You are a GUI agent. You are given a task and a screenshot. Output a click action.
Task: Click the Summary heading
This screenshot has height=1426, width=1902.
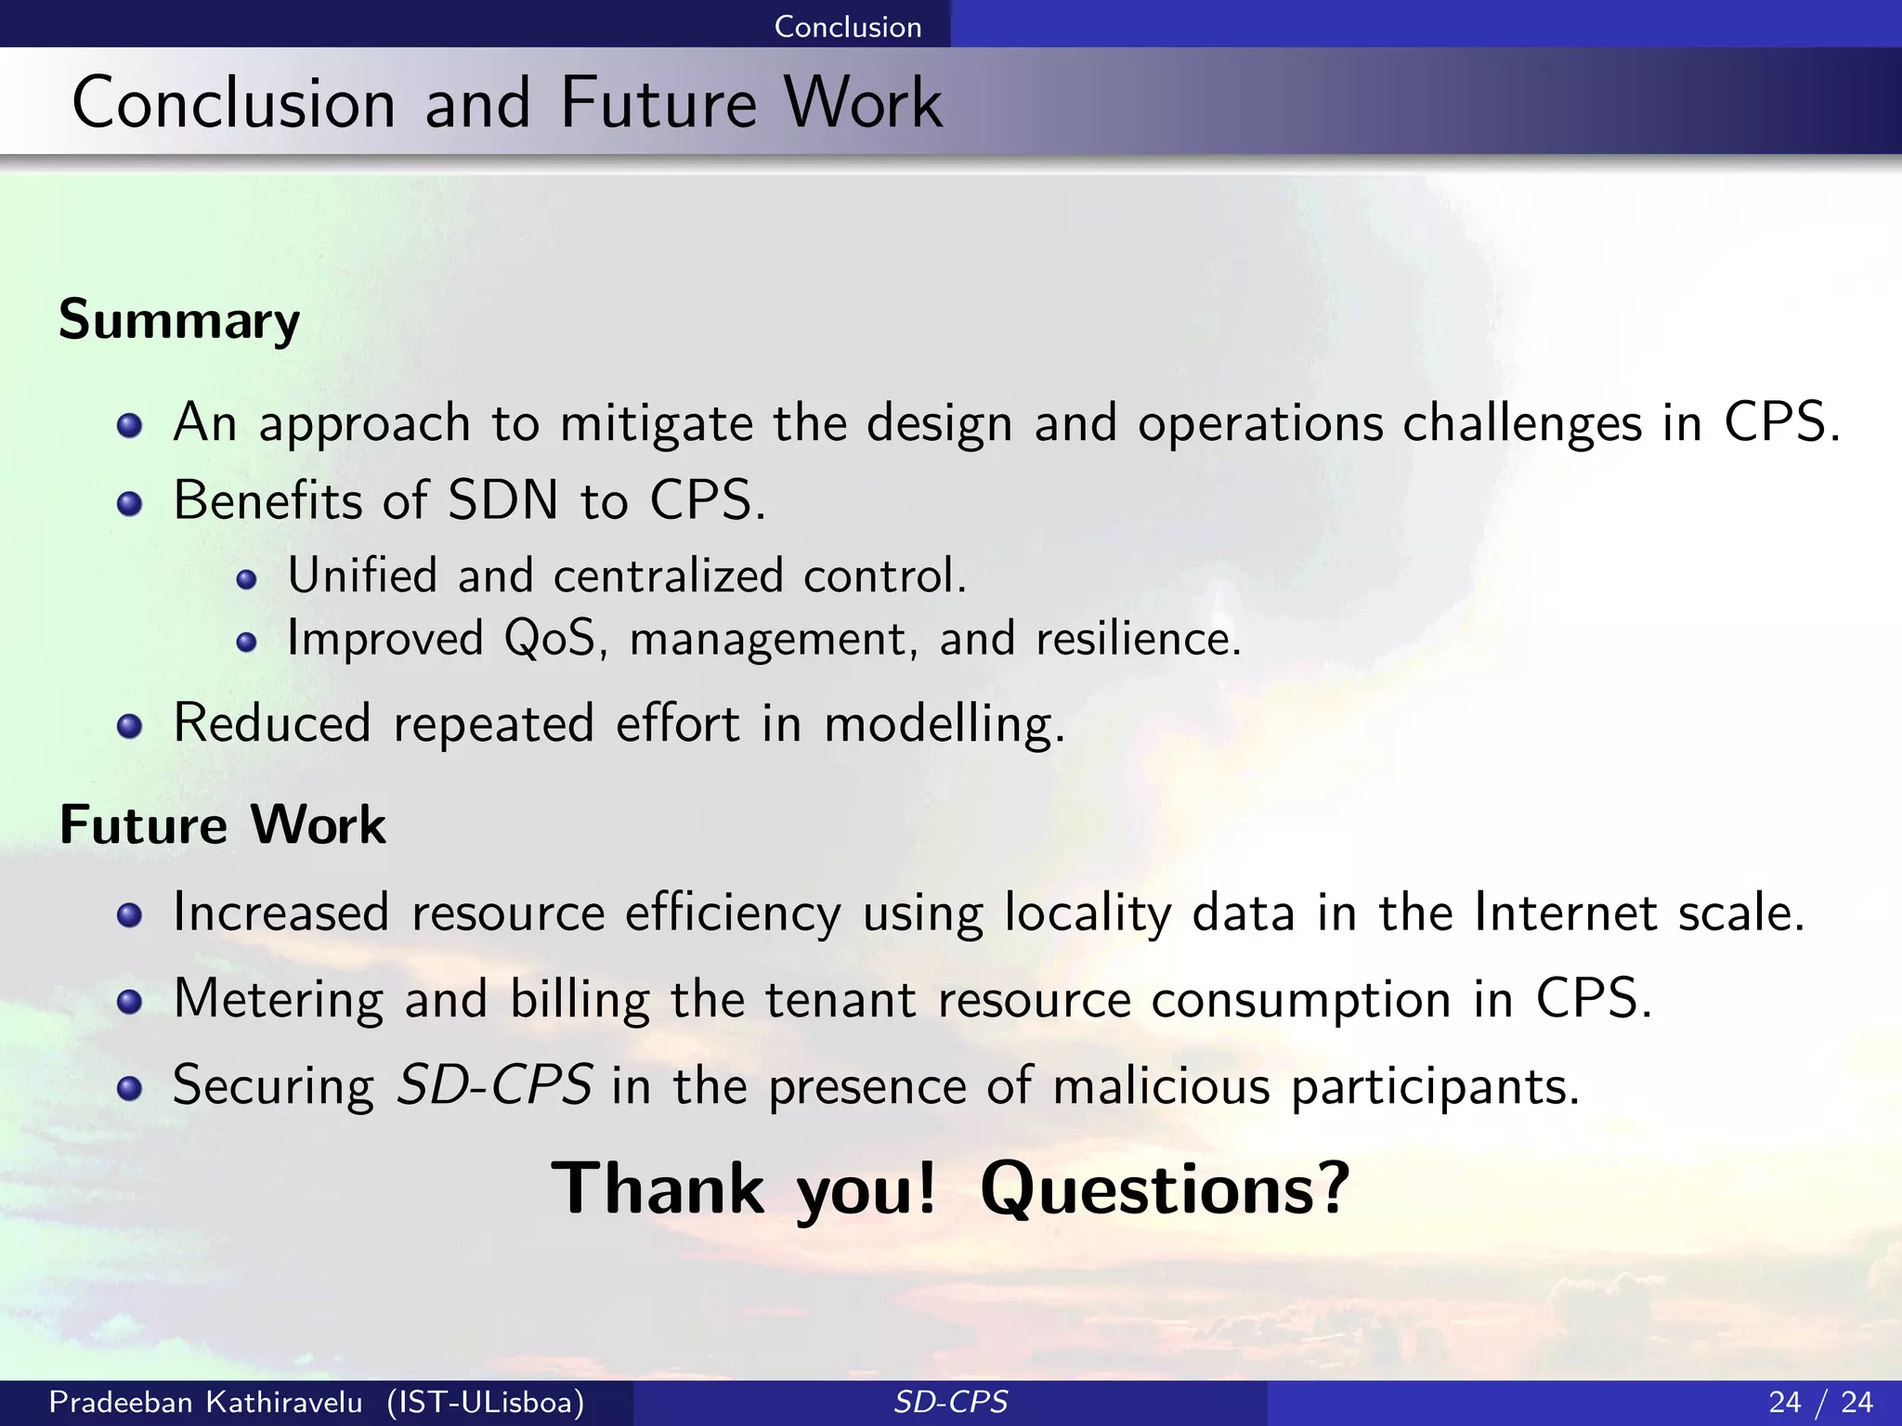pyautogui.click(x=179, y=320)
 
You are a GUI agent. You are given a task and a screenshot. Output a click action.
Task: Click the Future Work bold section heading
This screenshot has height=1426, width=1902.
pyautogui.click(x=223, y=824)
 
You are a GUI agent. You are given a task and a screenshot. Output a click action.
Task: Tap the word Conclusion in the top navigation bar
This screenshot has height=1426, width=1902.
pyautogui.click(x=847, y=26)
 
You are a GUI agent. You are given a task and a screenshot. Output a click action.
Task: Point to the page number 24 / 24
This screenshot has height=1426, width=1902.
pyautogui.click(x=1820, y=1402)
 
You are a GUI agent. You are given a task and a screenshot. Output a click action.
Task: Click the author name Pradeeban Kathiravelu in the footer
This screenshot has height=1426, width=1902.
pyautogui.click(x=205, y=1402)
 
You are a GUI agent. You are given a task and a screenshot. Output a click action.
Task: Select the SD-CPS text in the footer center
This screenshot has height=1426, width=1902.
pyautogui.click(x=950, y=1402)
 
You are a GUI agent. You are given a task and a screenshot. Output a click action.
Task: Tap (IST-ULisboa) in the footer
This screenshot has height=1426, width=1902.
pyautogui.click(x=486, y=1402)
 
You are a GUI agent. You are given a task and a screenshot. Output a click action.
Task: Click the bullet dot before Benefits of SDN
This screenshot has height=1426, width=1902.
pyautogui.click(x=130, y=504)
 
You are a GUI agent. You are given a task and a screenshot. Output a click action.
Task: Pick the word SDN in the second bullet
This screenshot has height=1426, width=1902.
pyautogui.click(x=502, y=500)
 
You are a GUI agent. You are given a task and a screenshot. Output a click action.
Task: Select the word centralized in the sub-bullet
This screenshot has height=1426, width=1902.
pyautogui.click(x=668, y=576)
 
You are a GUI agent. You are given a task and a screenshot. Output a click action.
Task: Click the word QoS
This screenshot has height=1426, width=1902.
pyautogui.click(x=550, y=639)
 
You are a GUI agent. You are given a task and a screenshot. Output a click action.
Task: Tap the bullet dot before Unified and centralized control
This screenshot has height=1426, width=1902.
pyautogui.click(x=246, y=580)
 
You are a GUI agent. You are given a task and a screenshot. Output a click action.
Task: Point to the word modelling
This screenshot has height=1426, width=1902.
pyautogui.click(x=944, y=724)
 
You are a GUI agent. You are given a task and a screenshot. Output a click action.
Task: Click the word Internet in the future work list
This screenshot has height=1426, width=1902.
pyautogui.click(x=1565, y=912)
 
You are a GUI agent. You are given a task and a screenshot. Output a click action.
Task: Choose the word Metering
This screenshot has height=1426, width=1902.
pyautogui.click(x=278, y=1000)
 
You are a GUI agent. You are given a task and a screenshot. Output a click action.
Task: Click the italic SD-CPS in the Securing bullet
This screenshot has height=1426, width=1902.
pyautogui.click(x=494, y=1084)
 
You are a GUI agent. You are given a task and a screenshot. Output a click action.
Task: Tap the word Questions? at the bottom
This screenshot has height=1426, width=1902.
pyautogui.click(x=1165, y=1188)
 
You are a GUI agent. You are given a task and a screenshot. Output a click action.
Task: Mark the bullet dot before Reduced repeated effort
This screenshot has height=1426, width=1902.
pyautogui.click(x=130, y=727)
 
